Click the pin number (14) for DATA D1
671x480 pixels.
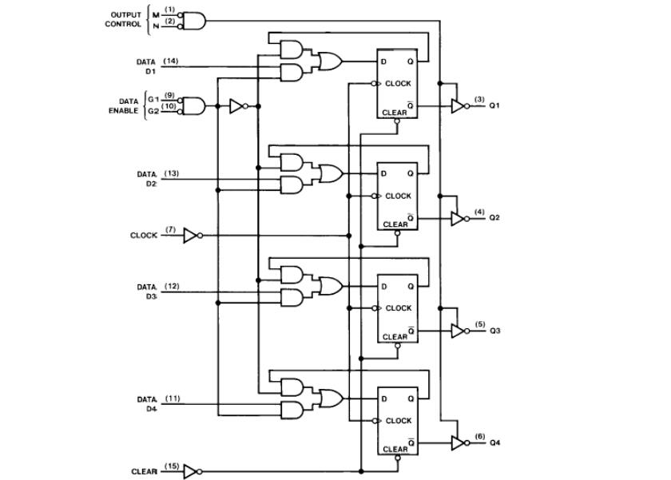(171, 61)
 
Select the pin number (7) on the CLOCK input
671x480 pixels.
(170, 230)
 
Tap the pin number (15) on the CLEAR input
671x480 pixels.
(172, 466)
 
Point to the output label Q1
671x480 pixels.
(494, 105)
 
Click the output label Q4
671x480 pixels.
(494, 443)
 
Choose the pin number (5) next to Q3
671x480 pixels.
(479, 324)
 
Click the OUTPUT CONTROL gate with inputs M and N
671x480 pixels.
(194, 21)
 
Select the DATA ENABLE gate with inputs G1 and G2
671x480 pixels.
(194, 105)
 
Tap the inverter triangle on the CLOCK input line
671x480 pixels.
(190, 236)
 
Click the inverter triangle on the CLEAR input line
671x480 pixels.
(190, 471)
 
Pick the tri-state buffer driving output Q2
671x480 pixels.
(458, 218)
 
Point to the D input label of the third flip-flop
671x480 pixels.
(383, 286)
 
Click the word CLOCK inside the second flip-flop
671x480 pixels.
(399, 196)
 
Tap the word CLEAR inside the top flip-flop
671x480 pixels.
(395, 113)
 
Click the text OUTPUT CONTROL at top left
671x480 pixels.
(125, 19)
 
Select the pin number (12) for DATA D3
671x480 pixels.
(172, 286)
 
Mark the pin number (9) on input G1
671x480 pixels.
(169, 95)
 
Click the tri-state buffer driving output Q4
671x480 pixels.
(458, 442)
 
